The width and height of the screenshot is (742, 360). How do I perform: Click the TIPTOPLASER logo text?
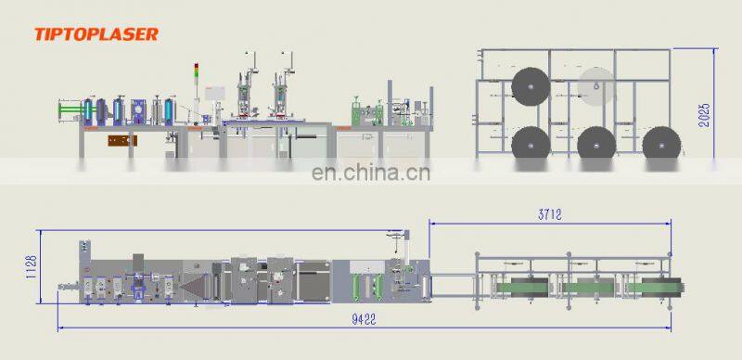96,34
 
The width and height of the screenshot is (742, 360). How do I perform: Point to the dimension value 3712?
551,213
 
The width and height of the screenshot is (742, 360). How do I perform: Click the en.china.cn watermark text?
371,172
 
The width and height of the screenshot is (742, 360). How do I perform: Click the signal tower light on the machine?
196,73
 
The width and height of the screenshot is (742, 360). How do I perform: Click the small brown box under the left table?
121,141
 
